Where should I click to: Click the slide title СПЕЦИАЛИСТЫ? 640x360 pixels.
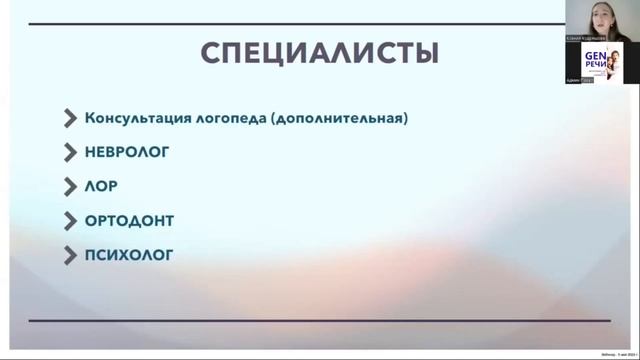pyautogui.click(x=319, y=52)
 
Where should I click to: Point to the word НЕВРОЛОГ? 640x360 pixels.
pyautogui.click(x=128, y=153)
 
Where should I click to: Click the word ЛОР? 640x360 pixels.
pyautogui.click(x=102, y=187)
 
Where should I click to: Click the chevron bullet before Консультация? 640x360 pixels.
pyautogui.click(x=70, y=119)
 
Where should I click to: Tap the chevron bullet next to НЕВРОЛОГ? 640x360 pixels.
pyautogui.click(x=70, y=153)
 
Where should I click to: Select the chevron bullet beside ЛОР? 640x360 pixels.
pyautogui.click(x=70, y=187)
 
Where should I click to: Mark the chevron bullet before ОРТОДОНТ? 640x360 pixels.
pyautogui.click(x=70, y=221)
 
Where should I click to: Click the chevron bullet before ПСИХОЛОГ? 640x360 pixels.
pyautogui.click(x=70, y=255)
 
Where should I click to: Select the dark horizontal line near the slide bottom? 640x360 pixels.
pyautogui.click(x=319, y=320)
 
